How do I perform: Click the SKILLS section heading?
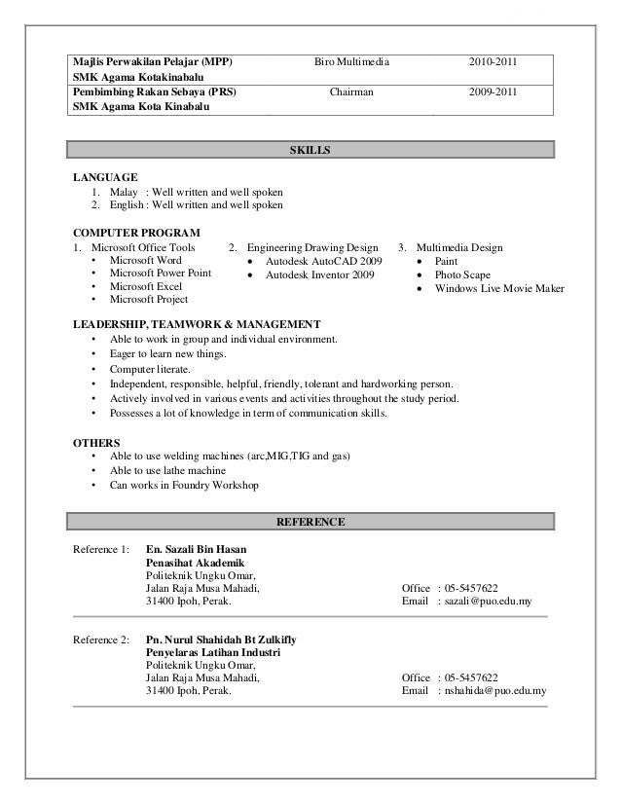310,151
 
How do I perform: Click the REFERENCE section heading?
310,523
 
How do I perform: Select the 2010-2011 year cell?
493,63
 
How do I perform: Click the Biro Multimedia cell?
350,63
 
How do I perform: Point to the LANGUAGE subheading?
106,178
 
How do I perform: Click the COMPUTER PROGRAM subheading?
137,234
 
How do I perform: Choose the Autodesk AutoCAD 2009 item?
323,262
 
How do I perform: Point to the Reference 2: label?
101,639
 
